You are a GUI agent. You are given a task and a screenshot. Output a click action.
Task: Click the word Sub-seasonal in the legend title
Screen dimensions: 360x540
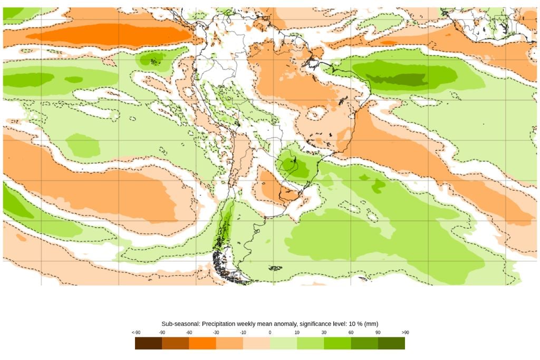[x=179, y=324]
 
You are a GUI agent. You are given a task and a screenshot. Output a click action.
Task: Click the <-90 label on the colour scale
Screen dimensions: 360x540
[x=136, y=333]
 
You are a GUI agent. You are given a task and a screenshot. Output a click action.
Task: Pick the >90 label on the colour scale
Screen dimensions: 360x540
[x=404, y=333]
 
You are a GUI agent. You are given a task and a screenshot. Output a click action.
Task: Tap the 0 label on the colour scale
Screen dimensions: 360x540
[x=269, y=333]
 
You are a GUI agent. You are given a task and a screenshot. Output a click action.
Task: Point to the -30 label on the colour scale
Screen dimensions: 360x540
[x=216, y=333]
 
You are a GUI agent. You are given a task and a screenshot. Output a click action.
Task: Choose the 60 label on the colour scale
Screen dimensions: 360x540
[x=351, y=333]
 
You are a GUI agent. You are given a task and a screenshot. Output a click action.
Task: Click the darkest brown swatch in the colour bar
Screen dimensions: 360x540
[x=148, y=343]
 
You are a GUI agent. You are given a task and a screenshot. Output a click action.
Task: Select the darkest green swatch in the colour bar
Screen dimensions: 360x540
[x=391, y=343]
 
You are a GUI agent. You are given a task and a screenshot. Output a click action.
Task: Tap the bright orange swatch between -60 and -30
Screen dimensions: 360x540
[x=202, y=343]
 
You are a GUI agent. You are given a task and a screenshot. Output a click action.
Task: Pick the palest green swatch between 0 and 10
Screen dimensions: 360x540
[x=283, y=343]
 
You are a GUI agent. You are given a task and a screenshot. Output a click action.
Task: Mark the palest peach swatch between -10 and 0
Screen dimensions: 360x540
[x=256, y=343]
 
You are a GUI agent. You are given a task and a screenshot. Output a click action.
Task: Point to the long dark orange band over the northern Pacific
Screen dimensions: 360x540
[x=105, y=36]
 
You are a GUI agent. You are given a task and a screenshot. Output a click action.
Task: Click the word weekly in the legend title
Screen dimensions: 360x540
[x=250, y=324]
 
